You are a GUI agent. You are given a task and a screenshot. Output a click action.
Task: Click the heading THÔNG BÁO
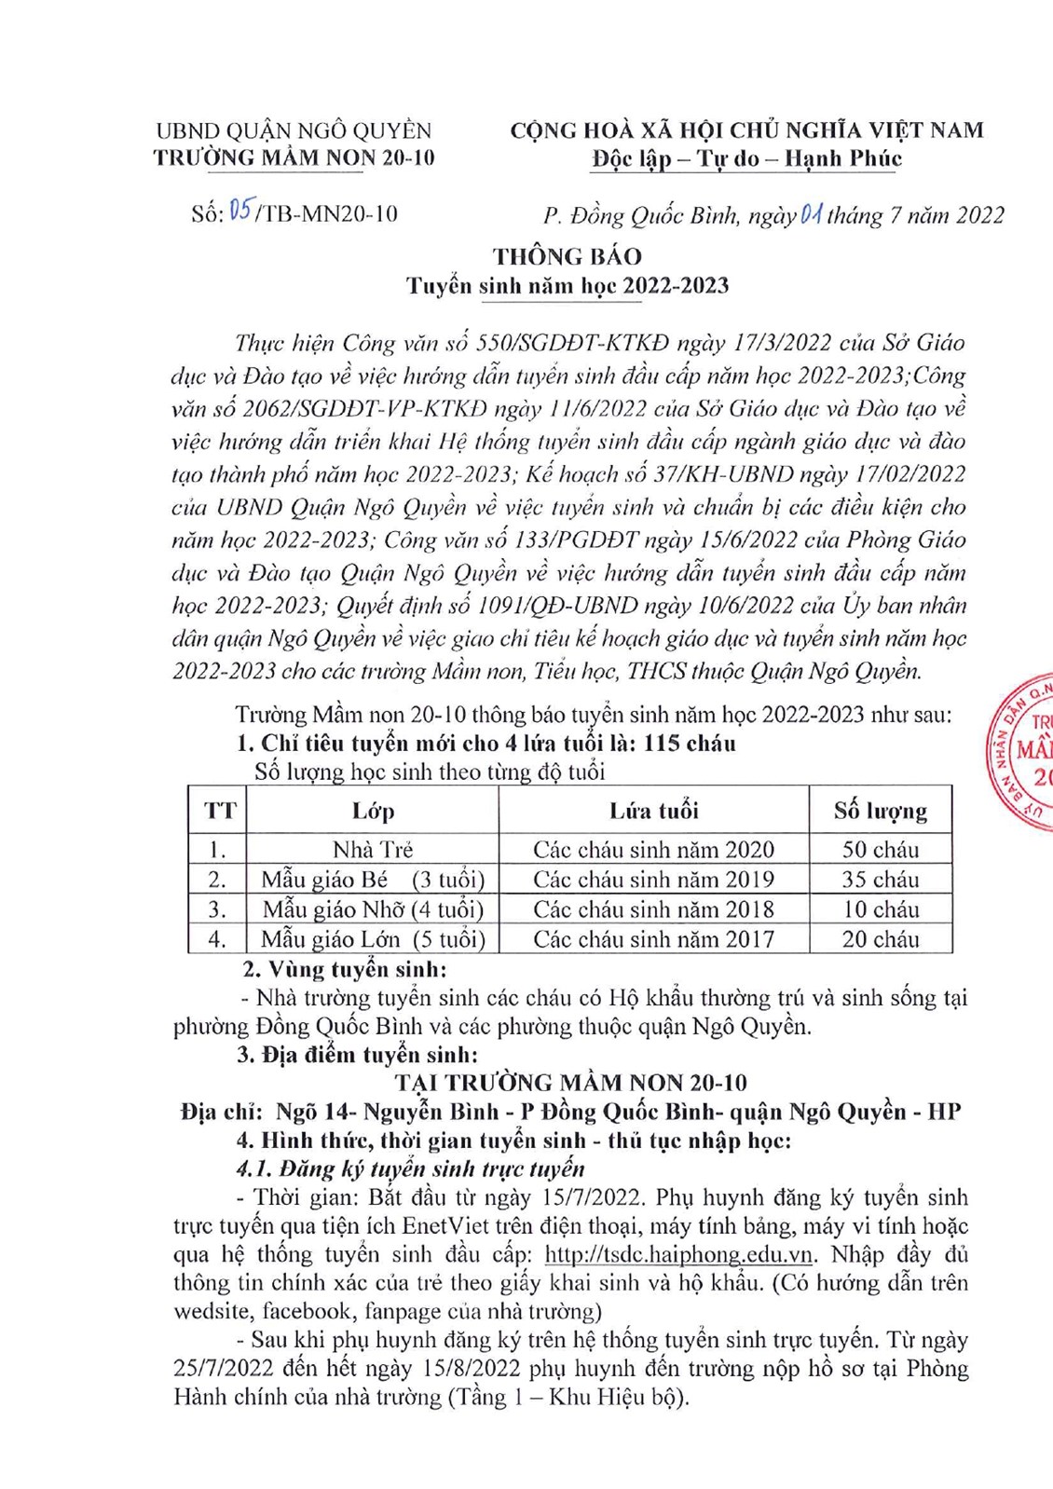567,256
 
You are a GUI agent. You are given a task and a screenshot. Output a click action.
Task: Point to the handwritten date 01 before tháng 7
810,215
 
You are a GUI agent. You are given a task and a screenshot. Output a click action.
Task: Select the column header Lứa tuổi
653,811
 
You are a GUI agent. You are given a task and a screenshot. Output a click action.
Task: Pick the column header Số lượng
880,811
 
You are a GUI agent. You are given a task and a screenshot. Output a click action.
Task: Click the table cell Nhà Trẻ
373,849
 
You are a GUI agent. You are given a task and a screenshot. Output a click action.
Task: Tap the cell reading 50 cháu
880,849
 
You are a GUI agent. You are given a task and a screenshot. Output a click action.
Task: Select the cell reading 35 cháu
880,879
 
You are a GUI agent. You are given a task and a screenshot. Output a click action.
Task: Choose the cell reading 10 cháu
880,908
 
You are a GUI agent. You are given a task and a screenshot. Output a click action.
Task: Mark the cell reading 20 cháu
880,938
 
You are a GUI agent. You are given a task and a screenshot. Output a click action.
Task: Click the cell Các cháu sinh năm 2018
653,908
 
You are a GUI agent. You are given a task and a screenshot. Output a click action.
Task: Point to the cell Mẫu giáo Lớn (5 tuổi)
373,938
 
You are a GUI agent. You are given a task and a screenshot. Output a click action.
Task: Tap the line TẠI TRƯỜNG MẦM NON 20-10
570,1083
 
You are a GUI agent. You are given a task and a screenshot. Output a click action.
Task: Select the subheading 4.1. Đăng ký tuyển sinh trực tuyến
410,1168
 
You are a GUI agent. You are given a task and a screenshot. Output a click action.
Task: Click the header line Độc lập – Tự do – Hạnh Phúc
746,158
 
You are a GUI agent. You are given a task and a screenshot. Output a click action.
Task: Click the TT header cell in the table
219,811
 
